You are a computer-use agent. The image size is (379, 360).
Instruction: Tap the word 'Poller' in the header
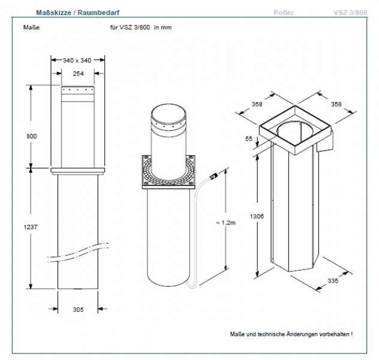point(284,12)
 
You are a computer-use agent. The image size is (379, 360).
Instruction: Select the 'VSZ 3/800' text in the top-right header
point(350,12)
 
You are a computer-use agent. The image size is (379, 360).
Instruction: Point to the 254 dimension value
point(77,73)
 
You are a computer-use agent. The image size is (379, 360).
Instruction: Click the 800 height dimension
point(31,136)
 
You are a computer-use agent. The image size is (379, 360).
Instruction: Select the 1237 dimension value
point(31,227)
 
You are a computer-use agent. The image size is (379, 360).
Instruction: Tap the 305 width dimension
point(78,310)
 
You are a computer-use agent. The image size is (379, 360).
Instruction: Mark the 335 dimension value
point(334,280)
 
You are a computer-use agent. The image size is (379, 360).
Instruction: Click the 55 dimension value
point(249,139)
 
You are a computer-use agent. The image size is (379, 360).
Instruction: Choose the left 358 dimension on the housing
point(240,104)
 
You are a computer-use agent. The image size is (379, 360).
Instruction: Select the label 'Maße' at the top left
point(31,28)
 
